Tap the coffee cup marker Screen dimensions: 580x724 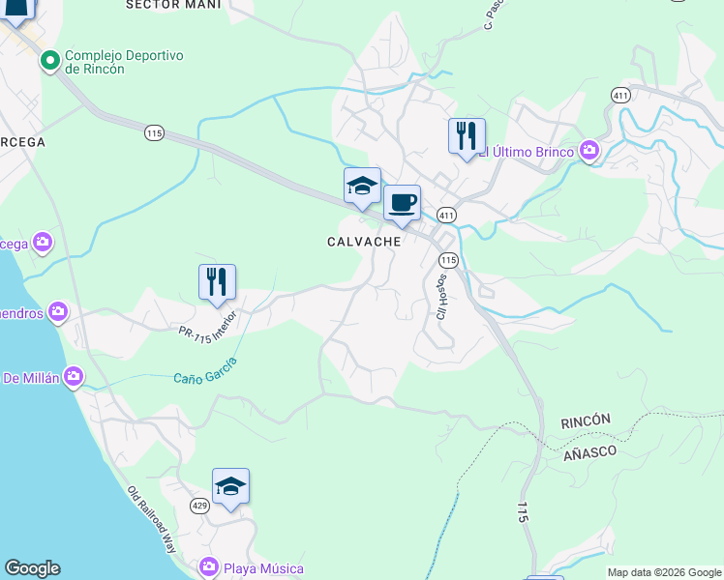(x=402, y=204)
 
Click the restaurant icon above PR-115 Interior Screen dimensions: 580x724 (x=217, y=282)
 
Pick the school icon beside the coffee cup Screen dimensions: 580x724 (x=362, y=187)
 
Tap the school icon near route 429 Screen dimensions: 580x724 (x=230, y=487)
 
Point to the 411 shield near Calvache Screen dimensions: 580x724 (x=446, y=214)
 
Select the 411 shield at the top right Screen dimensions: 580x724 (x=621, y=94)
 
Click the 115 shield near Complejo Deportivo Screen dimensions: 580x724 (x=153, y=131)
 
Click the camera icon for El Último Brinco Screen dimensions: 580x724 (x=589, y=151)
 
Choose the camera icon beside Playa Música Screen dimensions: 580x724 (x=208, y=568)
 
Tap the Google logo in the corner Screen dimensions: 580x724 (x=32, y=568)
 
